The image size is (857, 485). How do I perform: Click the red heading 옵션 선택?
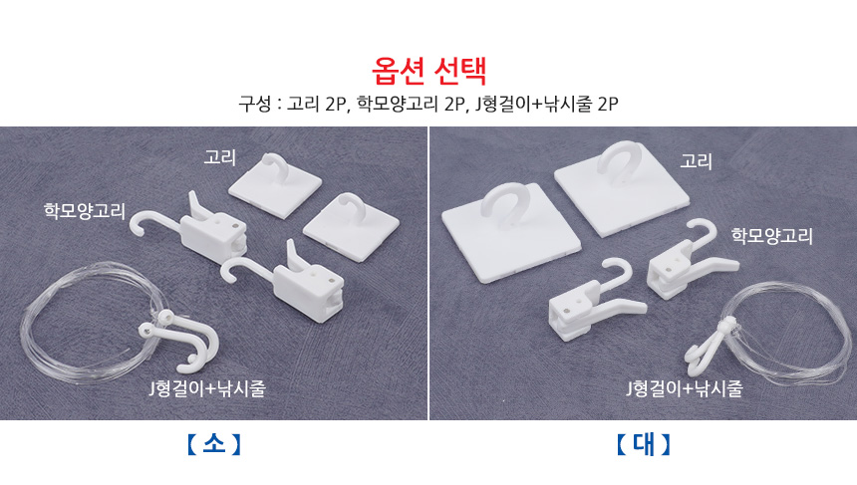(428, 71)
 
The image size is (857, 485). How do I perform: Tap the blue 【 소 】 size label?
(213, 443)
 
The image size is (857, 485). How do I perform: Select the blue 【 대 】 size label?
(643, 443)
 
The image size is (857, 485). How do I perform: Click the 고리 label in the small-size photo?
(219, 157)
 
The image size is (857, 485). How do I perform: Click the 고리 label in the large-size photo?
(696, 161)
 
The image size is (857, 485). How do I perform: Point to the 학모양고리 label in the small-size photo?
(85, 211)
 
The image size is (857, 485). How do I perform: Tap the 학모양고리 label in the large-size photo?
(771, 236)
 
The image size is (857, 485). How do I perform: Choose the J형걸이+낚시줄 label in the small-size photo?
(207, 388)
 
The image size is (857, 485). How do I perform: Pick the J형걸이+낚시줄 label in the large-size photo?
(685, 388)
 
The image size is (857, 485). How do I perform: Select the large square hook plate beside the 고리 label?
(622, 188)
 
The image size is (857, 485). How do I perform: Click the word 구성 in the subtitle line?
(255, 104)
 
